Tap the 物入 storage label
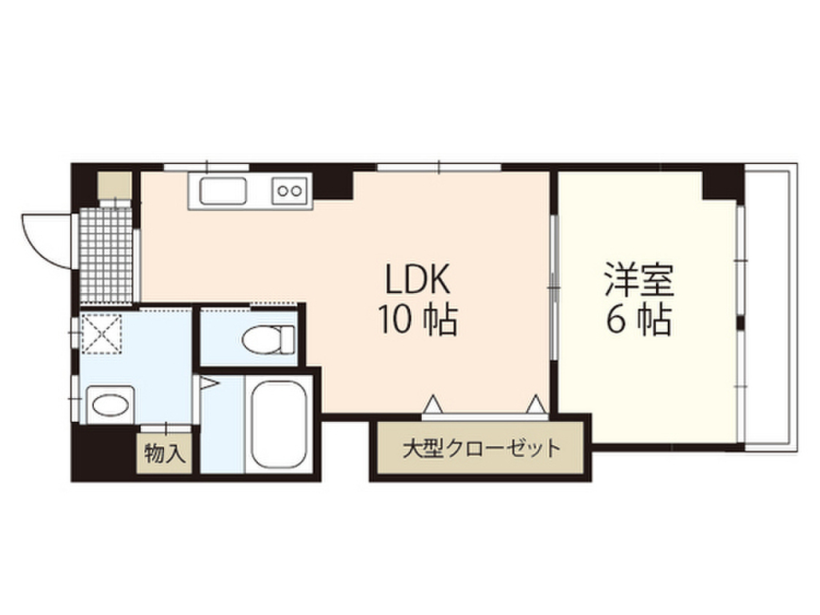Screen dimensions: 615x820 click(165, 454)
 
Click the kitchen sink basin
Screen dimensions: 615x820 click(223, 192)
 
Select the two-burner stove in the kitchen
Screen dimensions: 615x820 click(290, 191)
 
